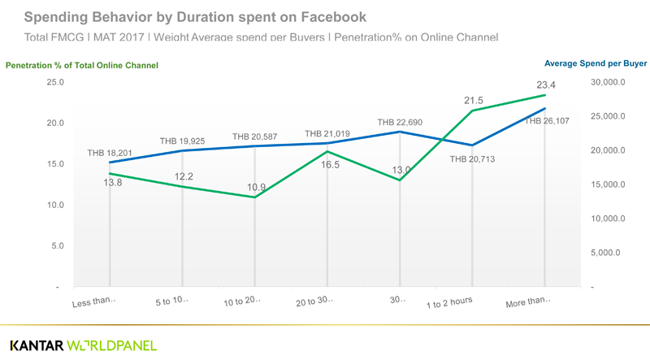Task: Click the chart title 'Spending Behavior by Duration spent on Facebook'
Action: coord(195,16)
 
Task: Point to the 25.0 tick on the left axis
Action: coord(55,82)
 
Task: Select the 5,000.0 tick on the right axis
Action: coord(604,253)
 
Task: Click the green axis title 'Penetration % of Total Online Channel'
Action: coord(82,65)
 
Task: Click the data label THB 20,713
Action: coord(472,158)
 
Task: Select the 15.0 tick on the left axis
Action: coord(55,164)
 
